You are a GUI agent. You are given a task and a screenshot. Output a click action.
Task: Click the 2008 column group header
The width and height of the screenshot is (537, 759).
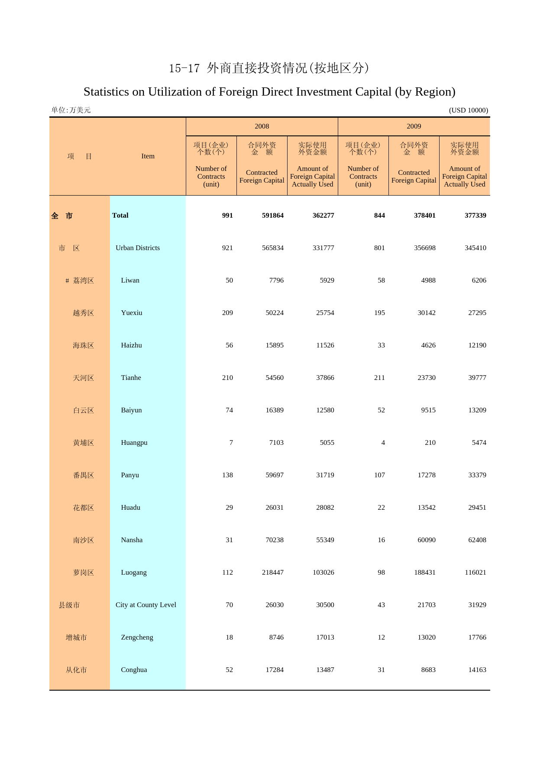262,126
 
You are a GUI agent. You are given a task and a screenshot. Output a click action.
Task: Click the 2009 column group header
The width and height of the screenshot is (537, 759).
414,126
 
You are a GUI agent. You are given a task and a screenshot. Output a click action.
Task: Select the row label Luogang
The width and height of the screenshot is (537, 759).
134,572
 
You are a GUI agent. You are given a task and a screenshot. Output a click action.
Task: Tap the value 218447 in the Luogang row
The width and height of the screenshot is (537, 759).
273,572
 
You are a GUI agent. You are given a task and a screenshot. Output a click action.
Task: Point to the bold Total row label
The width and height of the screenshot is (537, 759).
120,215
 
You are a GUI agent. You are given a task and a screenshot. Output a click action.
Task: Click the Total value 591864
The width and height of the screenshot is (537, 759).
273,215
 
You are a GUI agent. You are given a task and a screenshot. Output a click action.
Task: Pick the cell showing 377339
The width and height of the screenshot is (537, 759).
475,215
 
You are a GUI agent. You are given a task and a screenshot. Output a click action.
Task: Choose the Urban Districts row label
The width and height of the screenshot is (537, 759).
138,248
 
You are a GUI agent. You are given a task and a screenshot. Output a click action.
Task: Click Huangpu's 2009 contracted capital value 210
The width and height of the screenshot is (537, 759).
430,443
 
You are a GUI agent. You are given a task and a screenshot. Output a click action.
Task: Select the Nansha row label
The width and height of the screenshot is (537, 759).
132,540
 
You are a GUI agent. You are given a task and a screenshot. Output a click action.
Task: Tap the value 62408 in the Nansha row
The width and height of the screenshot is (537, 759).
477,540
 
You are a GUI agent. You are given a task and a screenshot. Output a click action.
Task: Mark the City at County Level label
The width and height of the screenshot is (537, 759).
146,605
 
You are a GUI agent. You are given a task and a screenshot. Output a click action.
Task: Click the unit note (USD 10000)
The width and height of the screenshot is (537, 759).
469,110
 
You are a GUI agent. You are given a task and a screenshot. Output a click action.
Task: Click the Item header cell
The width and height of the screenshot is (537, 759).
148,156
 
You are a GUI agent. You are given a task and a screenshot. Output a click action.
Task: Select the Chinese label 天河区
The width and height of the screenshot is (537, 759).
83,378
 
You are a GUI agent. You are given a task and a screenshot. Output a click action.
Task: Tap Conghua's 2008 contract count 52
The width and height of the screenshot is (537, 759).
229,670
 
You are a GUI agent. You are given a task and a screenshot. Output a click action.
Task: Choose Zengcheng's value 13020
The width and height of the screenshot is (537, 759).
427,637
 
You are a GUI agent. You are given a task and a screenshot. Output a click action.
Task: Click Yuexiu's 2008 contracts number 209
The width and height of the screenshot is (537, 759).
227,313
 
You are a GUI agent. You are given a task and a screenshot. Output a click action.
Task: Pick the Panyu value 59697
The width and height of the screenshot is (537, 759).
275,475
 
